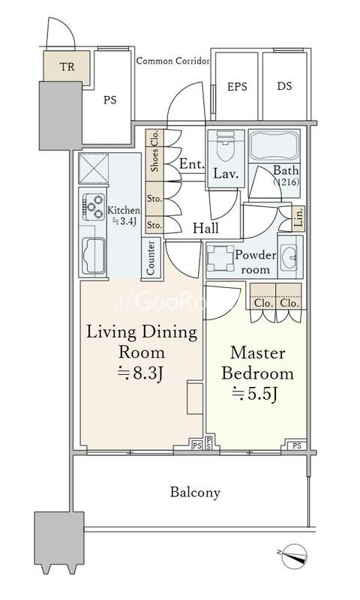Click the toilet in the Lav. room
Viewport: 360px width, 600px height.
pos(225,145)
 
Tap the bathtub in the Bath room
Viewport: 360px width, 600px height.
pos(274,145)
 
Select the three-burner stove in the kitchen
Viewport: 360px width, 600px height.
pos(94,207)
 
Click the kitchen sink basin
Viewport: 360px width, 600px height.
pos(93,256)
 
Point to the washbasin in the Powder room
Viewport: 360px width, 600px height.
pos(290,256)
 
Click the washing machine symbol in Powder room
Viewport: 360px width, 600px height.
pos(220,258)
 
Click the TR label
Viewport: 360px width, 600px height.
pos(67,67)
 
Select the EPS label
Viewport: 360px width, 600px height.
pos(237,87)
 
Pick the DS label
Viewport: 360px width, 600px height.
pos(285,86)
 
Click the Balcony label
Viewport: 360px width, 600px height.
pos(195,493)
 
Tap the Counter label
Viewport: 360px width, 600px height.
pos(150,257)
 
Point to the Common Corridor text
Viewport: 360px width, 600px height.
pos(173,61)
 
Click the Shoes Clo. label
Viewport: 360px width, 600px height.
pos(154,151)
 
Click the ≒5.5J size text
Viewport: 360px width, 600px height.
pos(254,394)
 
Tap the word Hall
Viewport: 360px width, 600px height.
pos(205,229)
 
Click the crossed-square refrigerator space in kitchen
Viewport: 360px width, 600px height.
pos(94,169)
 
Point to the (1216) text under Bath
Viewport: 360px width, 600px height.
pos(286,182)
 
